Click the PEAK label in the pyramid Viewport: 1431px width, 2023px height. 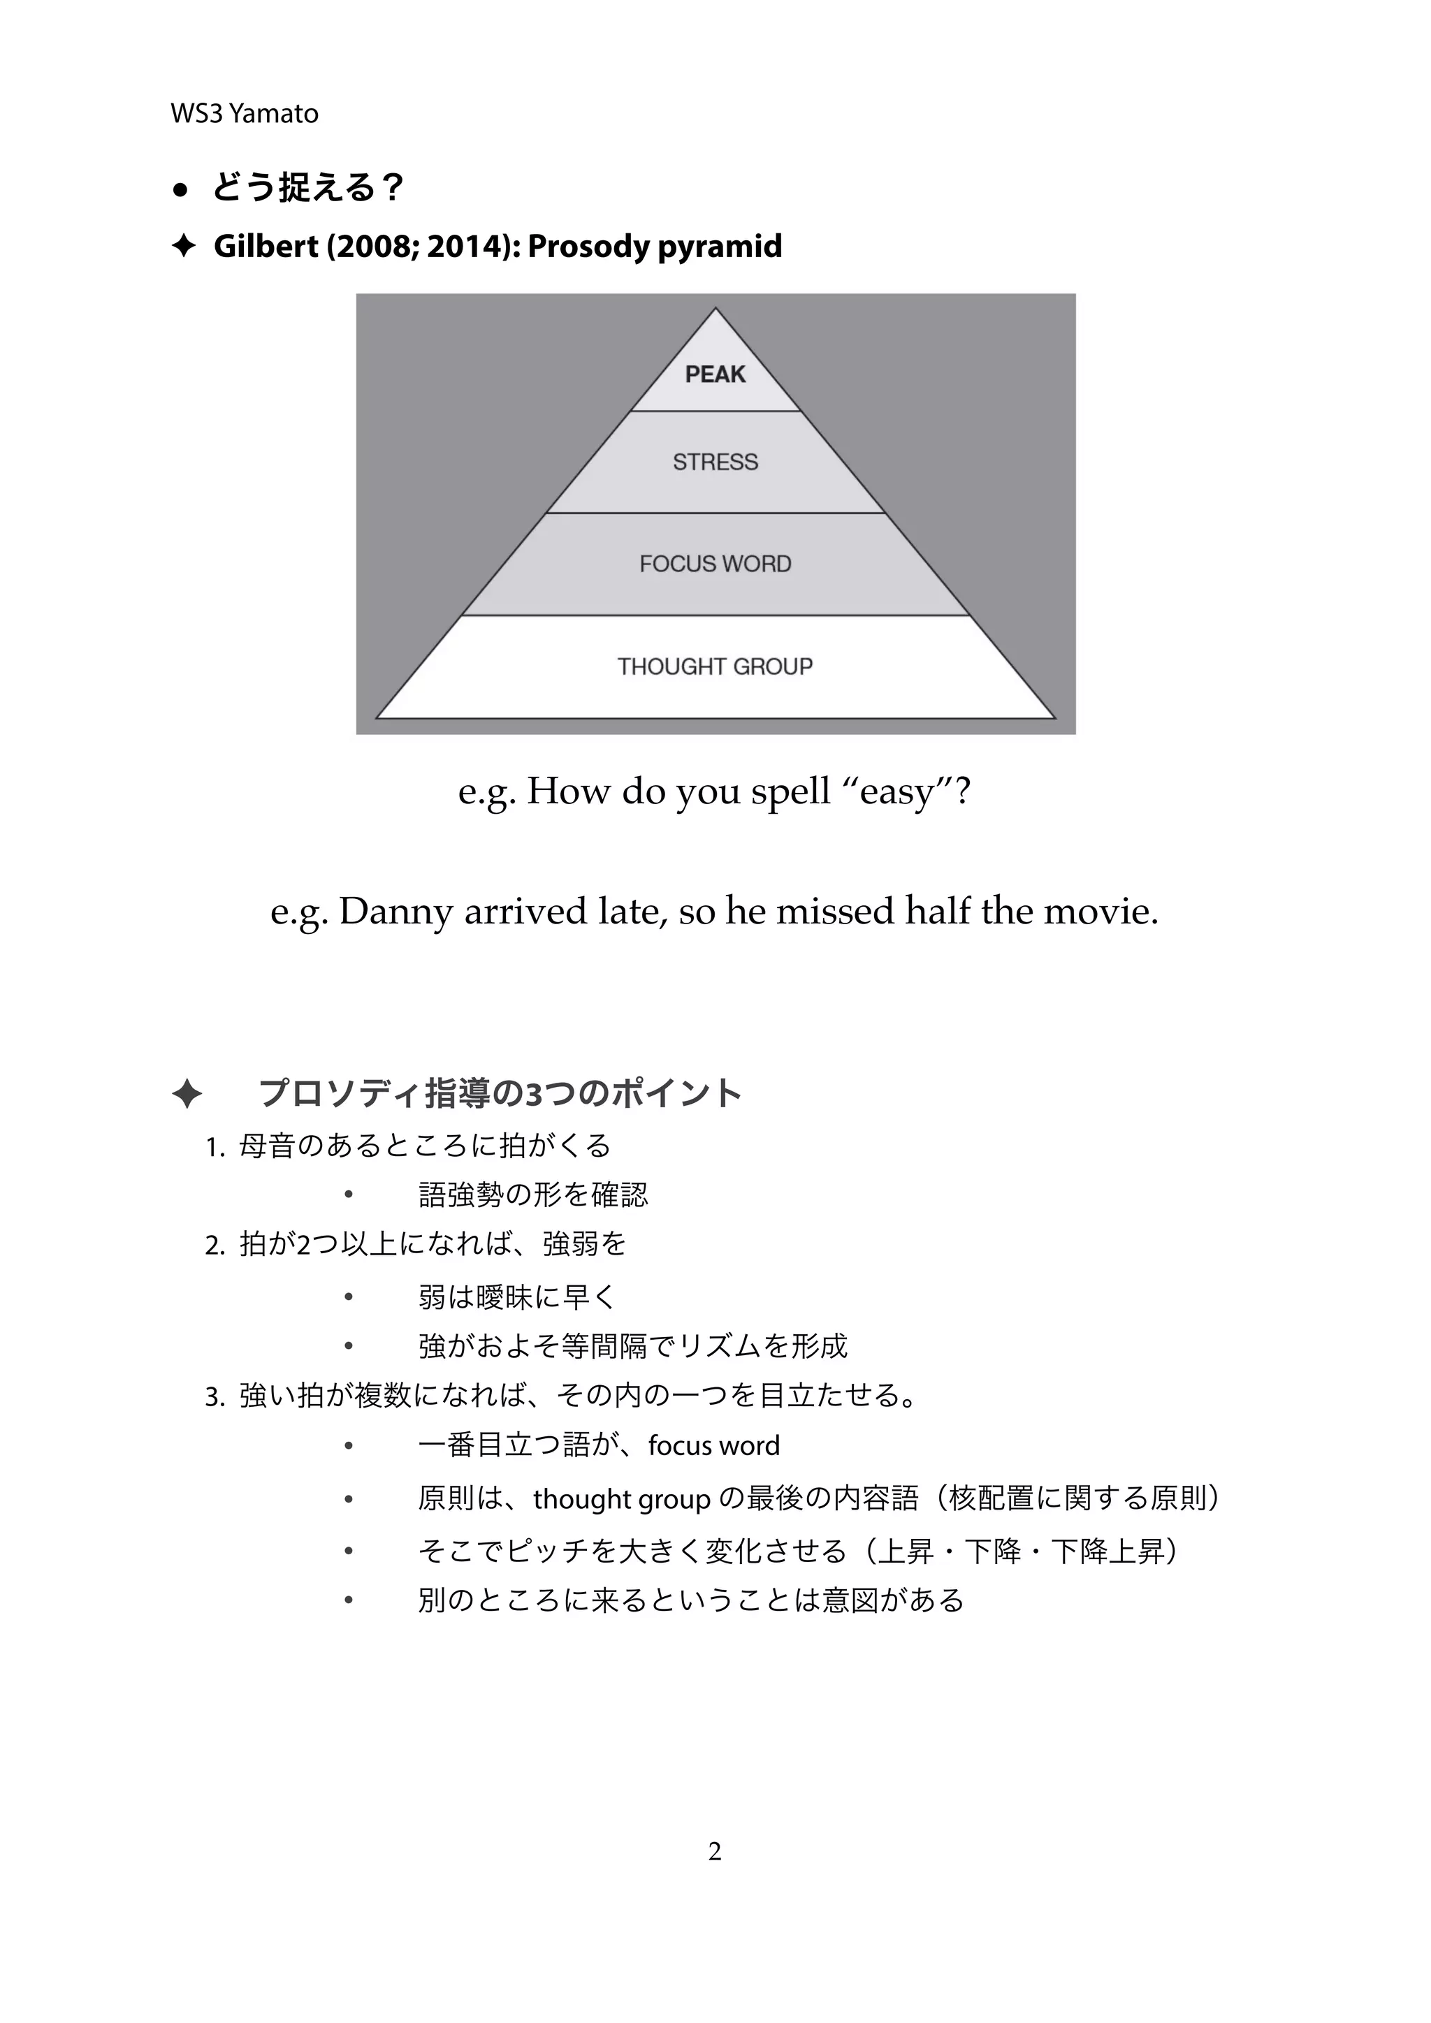(715, 374)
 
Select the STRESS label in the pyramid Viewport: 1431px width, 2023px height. (715, 462)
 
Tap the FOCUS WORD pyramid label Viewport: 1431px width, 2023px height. (715, 564)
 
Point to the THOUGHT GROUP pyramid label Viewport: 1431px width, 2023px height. (715, 666)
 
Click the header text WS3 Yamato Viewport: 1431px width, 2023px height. (244, 114)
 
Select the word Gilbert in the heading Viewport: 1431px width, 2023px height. (266, 246)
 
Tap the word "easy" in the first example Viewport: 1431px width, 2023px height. (897, 791)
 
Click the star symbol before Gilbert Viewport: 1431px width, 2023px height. (182, 246)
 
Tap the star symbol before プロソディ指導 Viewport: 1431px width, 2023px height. (186, 1095)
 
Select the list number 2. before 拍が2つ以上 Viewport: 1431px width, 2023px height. (215, 1246)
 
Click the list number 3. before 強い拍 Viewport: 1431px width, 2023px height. (215, 1397)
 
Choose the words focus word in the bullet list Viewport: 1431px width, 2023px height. (713, 1446)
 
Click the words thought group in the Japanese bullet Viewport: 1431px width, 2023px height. (621, 1499)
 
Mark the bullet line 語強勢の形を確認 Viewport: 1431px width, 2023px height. (533, 1196)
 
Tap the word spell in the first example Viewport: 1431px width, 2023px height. (790, 791)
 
